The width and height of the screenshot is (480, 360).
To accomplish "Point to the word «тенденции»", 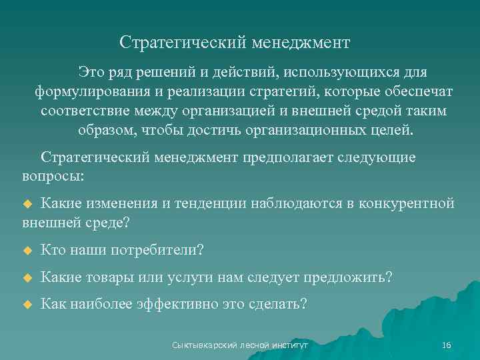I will (213, 203).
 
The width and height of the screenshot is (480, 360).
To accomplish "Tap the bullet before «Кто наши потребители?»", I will (27, 251).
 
